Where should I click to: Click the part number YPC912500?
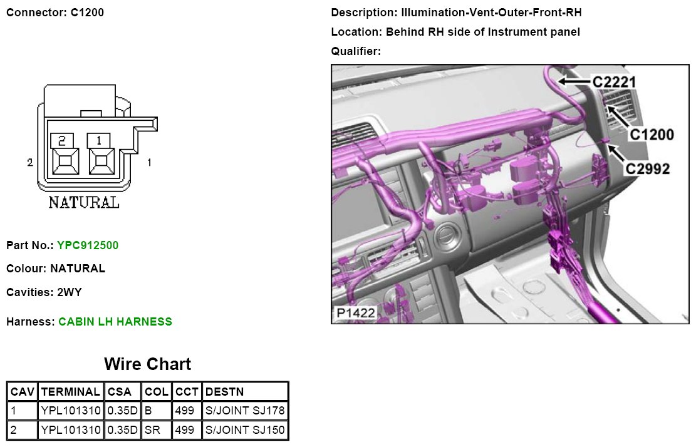88,245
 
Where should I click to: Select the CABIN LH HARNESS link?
115,322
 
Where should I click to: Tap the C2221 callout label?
615,81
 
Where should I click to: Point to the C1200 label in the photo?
652,134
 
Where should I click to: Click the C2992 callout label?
647,168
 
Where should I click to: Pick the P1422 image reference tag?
356,313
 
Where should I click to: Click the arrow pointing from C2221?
575,81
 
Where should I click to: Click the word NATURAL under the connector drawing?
84,203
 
